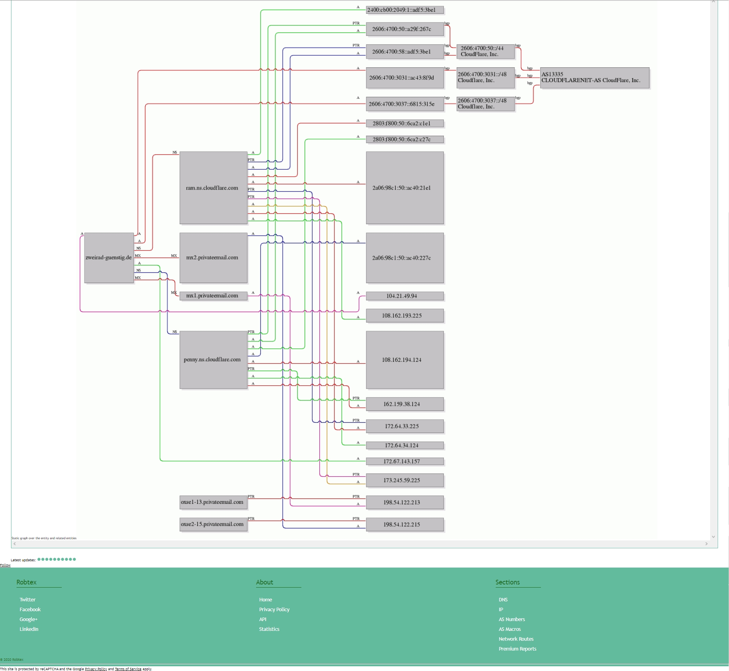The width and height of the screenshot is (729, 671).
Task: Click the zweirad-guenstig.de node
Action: click(x=109, y=258)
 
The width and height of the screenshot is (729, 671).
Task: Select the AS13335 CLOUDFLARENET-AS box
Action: click(x=594, y=77)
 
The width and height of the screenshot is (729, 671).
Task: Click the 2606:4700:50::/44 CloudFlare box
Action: click(x=485, y=52)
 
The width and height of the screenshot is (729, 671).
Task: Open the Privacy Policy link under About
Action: click(x=274, y=609)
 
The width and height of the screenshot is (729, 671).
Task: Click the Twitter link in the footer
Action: click(x=28, y=599)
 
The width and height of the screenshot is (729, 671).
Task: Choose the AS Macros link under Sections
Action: click(x=509, y=629)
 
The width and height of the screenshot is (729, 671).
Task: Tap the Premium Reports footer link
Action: click(x=517, y=649)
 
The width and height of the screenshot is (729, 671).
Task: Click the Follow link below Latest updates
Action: click(x=5, y=565)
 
